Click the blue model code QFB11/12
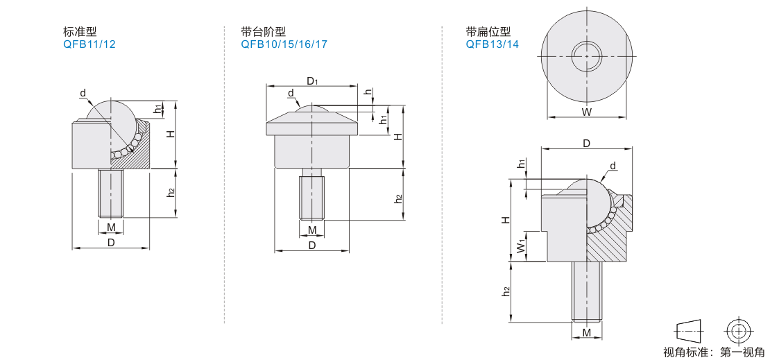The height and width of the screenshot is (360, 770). pos(89,44)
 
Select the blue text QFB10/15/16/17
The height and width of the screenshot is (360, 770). pos(284,44)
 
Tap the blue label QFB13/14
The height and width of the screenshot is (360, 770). pos(492,44)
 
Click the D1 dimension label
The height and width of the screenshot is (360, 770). pos(312,81)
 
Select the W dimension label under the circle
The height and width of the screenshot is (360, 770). pos(586,112)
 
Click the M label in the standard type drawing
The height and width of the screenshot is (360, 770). pos(112,227)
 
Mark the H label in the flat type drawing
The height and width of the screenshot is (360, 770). pos(505,220)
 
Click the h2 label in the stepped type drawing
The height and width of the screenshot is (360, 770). pos(399,198)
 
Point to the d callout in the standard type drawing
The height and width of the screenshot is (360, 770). pos(83,94)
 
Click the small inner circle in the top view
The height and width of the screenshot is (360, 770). pos(586,56)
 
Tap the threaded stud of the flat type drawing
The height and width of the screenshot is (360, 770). pos(586,291)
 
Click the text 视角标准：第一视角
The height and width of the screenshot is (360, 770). pos(714,352)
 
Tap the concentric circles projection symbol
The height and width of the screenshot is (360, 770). pos(737,331)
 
